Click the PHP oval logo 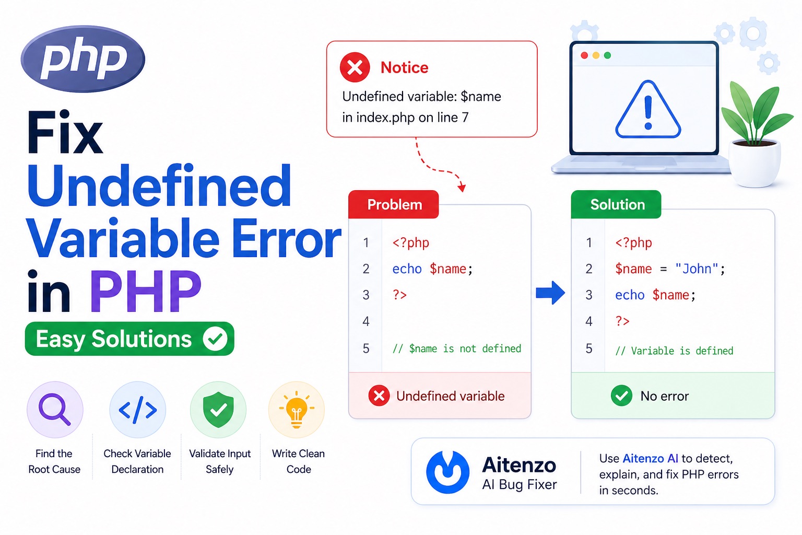pyautogui.click(x=82, y=59)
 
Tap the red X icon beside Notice pyautogui.click(x=355, y=67)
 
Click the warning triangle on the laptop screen pyautogui.click(x=648, y=111)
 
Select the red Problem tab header pyautogui.click(x=394, y=204)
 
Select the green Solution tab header pyautogui.click(x=617, y=204)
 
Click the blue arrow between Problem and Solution pyautogui.click(x=550, y=293)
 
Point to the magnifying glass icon pyautogui.click(x=54, y=409)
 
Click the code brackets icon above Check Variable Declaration pyautogui.click(x=138, y=410)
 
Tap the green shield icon pyautogui.click(x=218, y=410)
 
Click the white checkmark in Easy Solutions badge pyautogui.click(x=215, y=339)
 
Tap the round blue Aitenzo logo pyautogui.click(x=447, y=472)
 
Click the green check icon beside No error pyautogui.click(x=621, y=396)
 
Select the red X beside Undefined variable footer pyautogui.click(x=379, y=396)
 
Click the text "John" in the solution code pyautogui.click(x=697, y=269)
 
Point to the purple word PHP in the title pyautogui.click(x=146, y=291)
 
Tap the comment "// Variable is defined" pyautogui.click(x=674, y=351)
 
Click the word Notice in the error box pyautogui.click(x=404, y=67)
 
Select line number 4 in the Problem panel pyautogui.click(x=366, y=321)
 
